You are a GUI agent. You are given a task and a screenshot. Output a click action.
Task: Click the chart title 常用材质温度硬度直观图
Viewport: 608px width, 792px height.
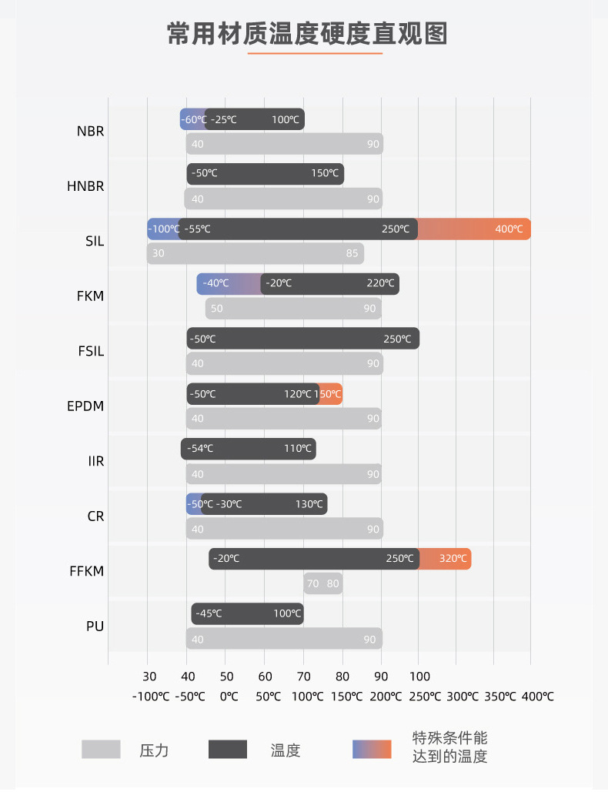pyautogui.click(x=307, y=35)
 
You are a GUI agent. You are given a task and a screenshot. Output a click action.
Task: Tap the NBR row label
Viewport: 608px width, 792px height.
pyautogui.click(x=90, y=131)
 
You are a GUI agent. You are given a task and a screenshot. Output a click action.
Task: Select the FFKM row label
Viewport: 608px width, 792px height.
pyautogui.click(x=86, y=571)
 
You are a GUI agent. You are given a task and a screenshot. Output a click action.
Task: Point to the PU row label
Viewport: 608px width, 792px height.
pyautogui.click(x=95, y=626)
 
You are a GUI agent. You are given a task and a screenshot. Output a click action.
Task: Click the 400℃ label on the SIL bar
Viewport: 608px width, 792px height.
pyautogui.click(x=509, y=229)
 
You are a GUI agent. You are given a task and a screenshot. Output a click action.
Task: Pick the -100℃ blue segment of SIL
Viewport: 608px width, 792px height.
pyautogui.click(x=162, y=229)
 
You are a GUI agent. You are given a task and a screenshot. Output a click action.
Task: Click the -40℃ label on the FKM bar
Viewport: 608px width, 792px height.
pyautogui.click(x=215, y=284)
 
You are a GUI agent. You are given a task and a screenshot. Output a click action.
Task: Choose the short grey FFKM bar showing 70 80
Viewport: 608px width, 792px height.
pyautogui.click(x=323, y=583)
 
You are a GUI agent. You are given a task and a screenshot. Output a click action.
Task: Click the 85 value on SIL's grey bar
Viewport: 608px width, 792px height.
pyautogui.click(x=352, y=253)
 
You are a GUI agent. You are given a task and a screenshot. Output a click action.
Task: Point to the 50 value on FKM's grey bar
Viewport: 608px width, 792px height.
pyautogui.click(x=217, y=309)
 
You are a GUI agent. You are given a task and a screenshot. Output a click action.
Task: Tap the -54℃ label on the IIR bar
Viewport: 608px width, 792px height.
pyautogui.click(x=200, y=449)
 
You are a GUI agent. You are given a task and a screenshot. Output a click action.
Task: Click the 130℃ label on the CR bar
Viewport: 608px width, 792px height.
pyautogui.click(x=309, y=504)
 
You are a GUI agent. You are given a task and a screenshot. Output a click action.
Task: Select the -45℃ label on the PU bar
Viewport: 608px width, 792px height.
pyautogui.click(x=209, y=614)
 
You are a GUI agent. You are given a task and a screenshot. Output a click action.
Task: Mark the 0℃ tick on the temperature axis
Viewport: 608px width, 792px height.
pyautogui.click(x=229, y=697)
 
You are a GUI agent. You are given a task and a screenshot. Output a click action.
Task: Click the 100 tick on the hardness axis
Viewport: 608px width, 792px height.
pyautogui.click(x=419, y=677)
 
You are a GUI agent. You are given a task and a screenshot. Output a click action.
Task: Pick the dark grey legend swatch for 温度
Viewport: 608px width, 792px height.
pyautogui.click(x=228, y=749)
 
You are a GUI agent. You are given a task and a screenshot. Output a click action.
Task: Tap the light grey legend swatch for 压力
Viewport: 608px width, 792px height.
pyautogui.click(x=102, y=749)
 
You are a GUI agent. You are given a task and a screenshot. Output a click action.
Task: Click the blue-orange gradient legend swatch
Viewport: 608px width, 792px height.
pyautogui.click(x=372, y=749)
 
